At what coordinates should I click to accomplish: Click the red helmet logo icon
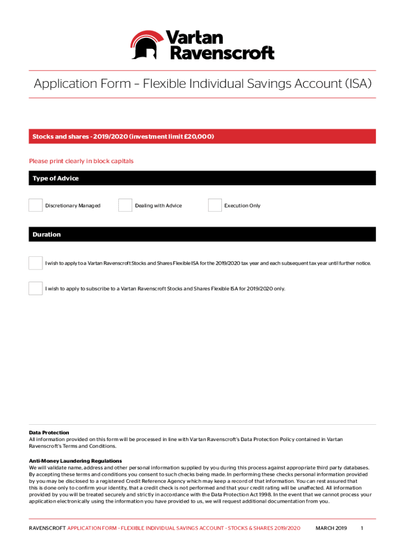(147, 44)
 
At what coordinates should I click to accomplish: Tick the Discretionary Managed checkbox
(36, 205)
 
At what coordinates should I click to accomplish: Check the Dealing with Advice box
(125, 205)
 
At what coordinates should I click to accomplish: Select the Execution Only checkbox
(215, 205)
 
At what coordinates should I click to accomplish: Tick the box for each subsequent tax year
(36, 263)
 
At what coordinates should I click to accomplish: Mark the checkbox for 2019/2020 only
(36, 288)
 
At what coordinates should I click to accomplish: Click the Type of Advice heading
(55, 178)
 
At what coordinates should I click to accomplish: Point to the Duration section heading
(46, 235)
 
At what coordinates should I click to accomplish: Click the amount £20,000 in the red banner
(199, 137)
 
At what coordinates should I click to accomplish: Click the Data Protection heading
(49, 433)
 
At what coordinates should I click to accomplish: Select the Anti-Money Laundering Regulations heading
(75, 461)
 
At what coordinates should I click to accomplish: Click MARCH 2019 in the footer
(331, 528)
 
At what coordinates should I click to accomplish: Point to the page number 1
(362, 528)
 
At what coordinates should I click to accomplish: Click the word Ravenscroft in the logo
(220, 53)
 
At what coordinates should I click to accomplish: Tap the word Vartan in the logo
(194, 37)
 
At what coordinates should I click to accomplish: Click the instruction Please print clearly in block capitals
(81, 161)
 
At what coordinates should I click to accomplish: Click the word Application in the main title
(66, 84)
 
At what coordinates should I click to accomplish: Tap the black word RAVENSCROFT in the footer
(47, 528)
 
